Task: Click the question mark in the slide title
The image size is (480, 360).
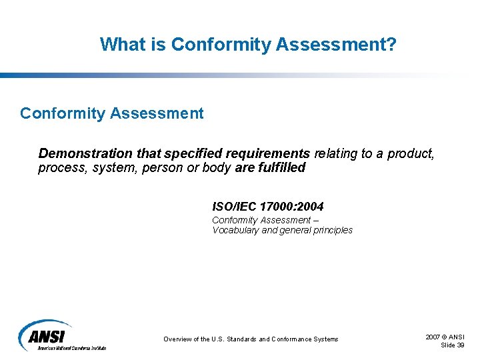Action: coord(391,45)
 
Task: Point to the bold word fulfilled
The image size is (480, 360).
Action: coord(281,168)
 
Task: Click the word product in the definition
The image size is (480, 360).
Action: coord(414,154)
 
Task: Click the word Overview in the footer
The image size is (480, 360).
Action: coord(179,339)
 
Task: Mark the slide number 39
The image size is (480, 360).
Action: coord(459,345)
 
